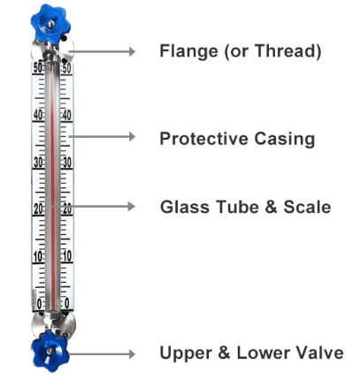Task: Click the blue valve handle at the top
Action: click(50, 24)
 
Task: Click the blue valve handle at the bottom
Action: click(50, 351)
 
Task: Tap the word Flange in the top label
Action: click(189, 51)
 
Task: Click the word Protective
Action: click(204, 139)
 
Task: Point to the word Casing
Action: click(285, 139)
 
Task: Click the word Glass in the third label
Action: click(185, 207)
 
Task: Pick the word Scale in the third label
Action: click(307, 207)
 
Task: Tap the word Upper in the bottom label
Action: click(186, 353)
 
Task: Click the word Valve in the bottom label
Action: click(319, 353)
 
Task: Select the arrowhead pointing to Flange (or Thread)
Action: click(132, 51)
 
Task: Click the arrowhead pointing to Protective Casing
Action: click(132, 137)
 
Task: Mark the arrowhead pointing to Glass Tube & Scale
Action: click(132, 206)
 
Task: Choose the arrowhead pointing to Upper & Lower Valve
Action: click(132, 353)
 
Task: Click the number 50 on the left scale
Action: click(38, 68)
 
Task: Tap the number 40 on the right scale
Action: click(66, 115)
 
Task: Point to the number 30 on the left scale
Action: click(39, 163)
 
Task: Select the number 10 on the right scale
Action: click(66, 256)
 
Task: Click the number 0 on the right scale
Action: click(67, 303)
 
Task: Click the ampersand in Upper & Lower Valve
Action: click(224, 353)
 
